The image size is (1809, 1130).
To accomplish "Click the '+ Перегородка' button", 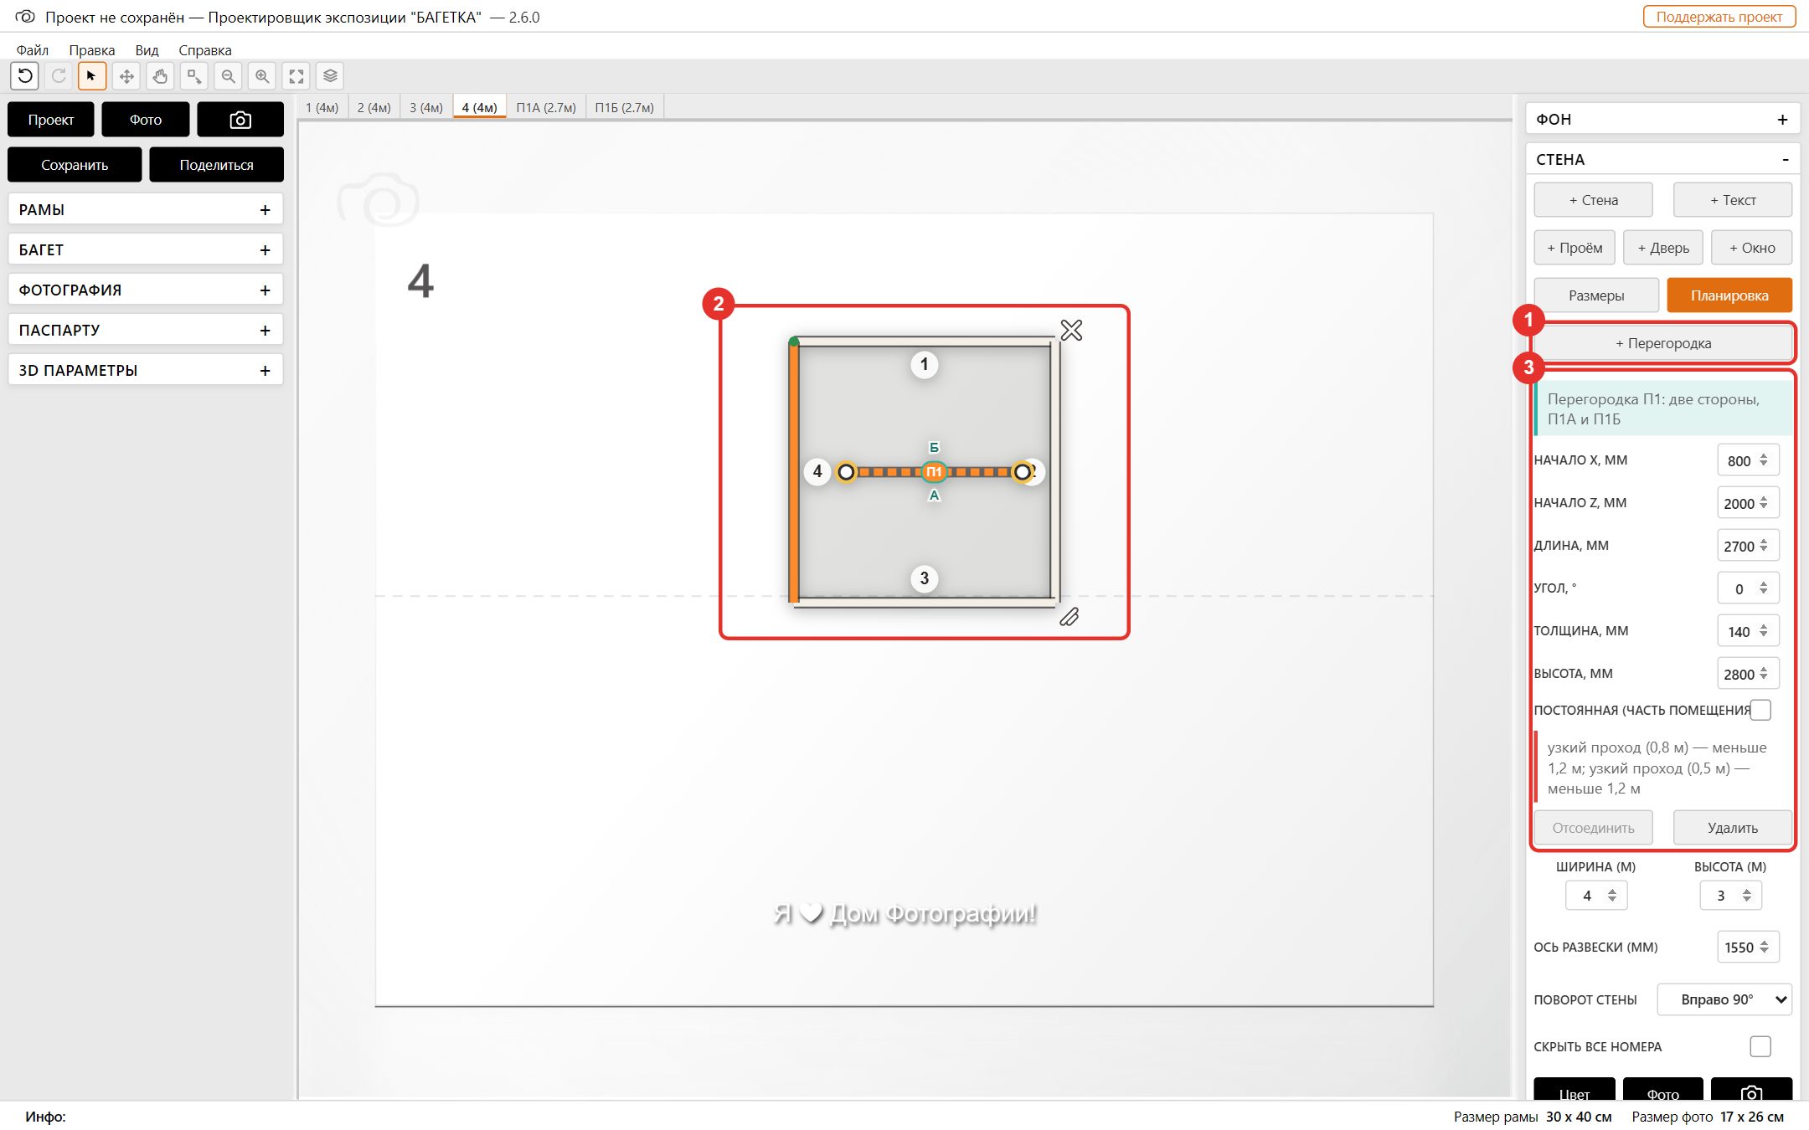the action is tap(1662, 343).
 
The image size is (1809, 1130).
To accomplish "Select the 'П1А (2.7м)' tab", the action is tap(546, 107).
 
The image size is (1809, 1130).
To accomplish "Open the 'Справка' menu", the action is tap(205, 50).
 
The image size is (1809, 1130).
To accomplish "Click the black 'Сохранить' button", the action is tap(75, 165).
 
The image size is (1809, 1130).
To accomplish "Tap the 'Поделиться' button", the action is tap(216, 165).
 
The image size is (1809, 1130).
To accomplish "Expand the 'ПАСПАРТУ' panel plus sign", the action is tap(265, 330).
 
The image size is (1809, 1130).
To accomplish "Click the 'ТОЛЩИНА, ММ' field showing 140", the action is tap(1747, 631).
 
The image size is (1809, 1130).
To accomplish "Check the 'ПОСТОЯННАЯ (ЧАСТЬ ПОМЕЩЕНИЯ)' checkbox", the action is tap(1760, 710).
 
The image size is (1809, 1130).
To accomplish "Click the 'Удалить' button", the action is tap(1733, 828).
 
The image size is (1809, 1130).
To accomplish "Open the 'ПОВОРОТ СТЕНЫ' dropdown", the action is tap(1724, 999).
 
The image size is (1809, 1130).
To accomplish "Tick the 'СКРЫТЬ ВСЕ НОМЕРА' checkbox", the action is tap(1760, 1046).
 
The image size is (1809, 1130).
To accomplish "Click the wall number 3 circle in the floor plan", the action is tap(925, 578).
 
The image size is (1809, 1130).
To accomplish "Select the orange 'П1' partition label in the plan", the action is tap(934, 472).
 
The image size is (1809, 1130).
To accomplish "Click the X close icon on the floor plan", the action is tap(1071, 331).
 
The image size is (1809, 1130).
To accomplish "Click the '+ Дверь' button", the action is tap(1663, 248).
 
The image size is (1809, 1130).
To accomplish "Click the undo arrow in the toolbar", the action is tap(25, 76).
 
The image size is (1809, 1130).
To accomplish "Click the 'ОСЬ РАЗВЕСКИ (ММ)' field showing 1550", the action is tap(1747, 947).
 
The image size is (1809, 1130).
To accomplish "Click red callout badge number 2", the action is tap(719, 304).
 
